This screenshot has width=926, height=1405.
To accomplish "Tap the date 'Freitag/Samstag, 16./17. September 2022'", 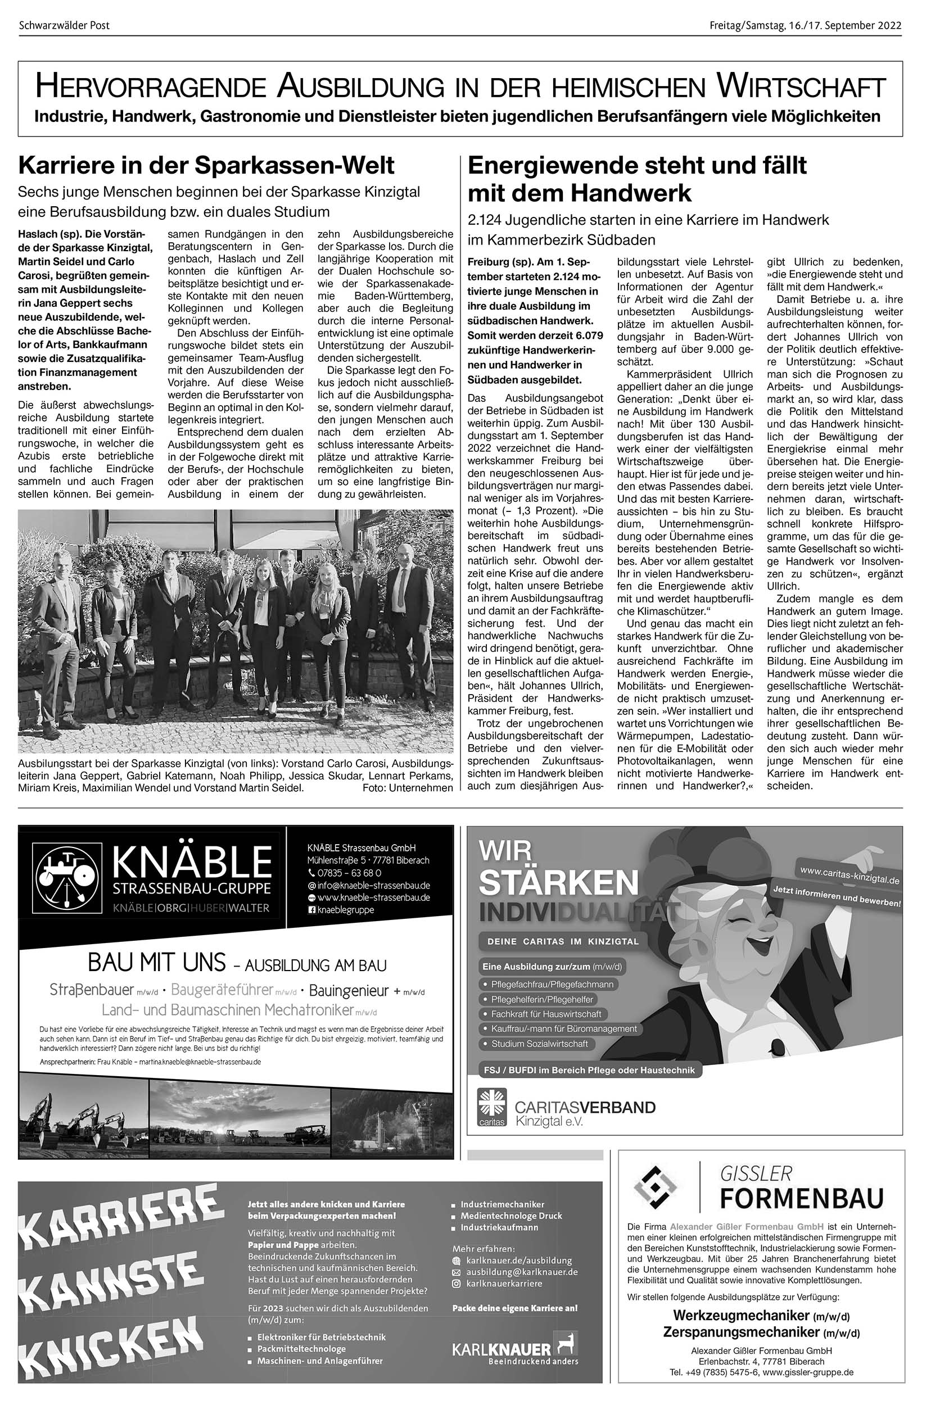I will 806,25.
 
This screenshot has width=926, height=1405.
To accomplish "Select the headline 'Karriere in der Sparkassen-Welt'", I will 206,165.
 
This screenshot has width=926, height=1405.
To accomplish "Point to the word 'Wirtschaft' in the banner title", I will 801,87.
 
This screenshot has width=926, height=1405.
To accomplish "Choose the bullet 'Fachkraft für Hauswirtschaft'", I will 546,1014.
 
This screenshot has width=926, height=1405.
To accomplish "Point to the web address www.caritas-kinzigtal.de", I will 849,874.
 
